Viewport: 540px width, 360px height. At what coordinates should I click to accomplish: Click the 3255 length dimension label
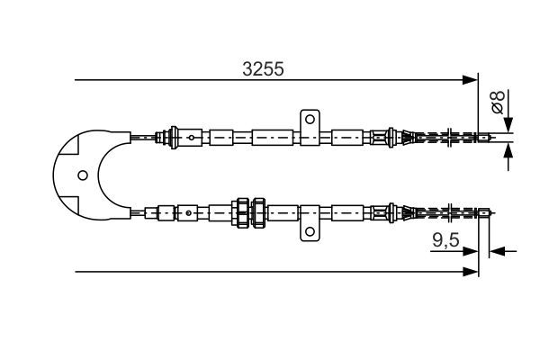[263, 69]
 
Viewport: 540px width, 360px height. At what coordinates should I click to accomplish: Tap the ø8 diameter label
[498, 103]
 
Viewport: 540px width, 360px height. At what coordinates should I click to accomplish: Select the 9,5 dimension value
[446, 239]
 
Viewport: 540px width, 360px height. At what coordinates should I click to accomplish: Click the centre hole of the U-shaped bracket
[83, 175]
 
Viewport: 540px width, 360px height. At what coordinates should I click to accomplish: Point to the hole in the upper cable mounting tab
[310, 120]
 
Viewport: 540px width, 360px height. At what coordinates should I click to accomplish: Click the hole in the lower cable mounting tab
[310, 231]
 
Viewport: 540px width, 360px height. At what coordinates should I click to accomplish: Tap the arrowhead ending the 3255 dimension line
[470, 80]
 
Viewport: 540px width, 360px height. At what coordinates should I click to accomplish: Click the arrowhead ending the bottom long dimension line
[470, 272]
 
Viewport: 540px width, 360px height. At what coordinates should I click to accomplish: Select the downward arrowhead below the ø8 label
[508, 125]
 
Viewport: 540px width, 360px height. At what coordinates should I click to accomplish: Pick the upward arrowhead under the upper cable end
[508, 150]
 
